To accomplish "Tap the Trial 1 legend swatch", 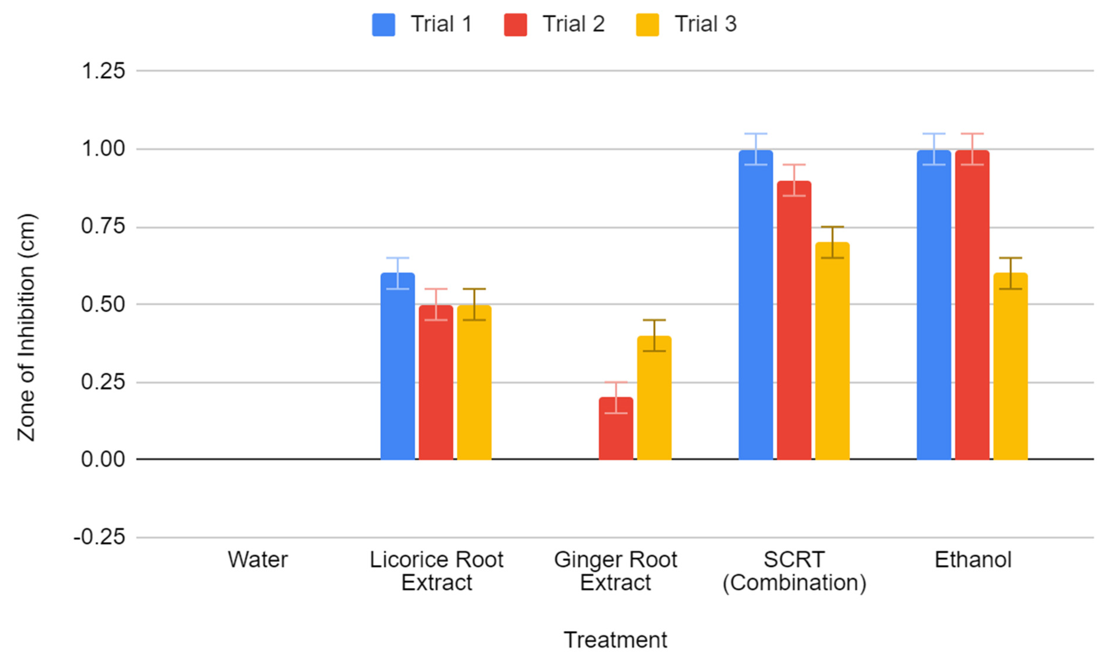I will click(x=383, y=24).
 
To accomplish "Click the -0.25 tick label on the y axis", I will click(x=99, y=538).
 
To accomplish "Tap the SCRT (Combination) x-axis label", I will click(x=794, y=571).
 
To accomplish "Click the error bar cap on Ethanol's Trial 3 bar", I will click(x=1010, y=258).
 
